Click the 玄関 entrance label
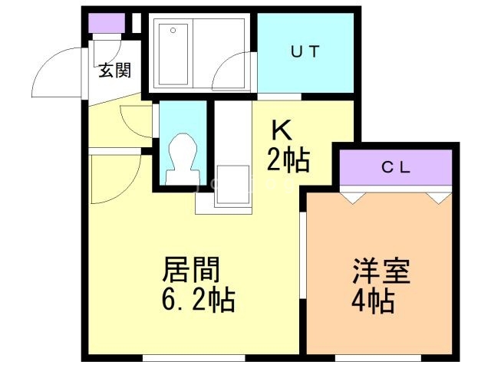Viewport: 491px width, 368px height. pyautogui.click(x=114, y=71)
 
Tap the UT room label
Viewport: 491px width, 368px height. pyautogui.click(x=305, y=51)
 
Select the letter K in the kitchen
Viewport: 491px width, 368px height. pyautogui.click(x=282, y=130)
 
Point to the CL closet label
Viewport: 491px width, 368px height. pyautogui.click(x=396, y=168)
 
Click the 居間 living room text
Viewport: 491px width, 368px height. pyautogui.click(x=191, y=269)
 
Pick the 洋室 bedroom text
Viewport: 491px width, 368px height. pyautogui.click(x=381, y=271)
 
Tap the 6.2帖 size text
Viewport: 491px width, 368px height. pyautogui.click(x=198, y=300)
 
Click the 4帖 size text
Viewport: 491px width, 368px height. pyautogui.click(x=373, y=301)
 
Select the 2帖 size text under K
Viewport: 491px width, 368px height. pyautogui.click(x=288, y=160)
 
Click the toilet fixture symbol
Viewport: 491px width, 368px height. pyautogui.click(x=183, y=159)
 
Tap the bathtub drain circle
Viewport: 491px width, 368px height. pyautogui.click(x=173, y=31)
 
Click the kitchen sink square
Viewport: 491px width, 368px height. pyautogui.click(x=233, y=184)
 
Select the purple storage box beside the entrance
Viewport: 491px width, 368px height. pyautogui.click(x=107, y=23)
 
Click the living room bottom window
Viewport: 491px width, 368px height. pyautogui.click(x=194, y=358)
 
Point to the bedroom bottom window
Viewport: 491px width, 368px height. pyautogui.click(x=378, y=358)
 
